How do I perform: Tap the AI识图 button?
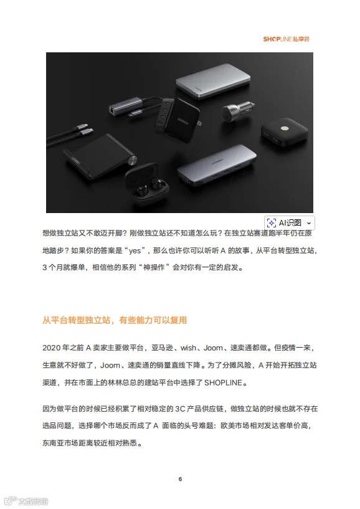pos(289,223)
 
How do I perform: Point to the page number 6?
pos(180,479)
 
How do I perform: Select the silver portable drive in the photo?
pos(213,81)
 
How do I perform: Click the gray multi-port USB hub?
pos(217,165)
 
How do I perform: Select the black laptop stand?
pos(99,156)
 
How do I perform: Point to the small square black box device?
pos(285,131)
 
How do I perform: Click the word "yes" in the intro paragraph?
pos(135,250)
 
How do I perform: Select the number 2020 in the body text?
pos(51,348)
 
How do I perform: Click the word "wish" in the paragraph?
pos(188,348)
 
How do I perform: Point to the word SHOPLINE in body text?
pos(223,383)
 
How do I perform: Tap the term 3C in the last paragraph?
pos(180,409)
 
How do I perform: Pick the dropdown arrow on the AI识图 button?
pos(309,223)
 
